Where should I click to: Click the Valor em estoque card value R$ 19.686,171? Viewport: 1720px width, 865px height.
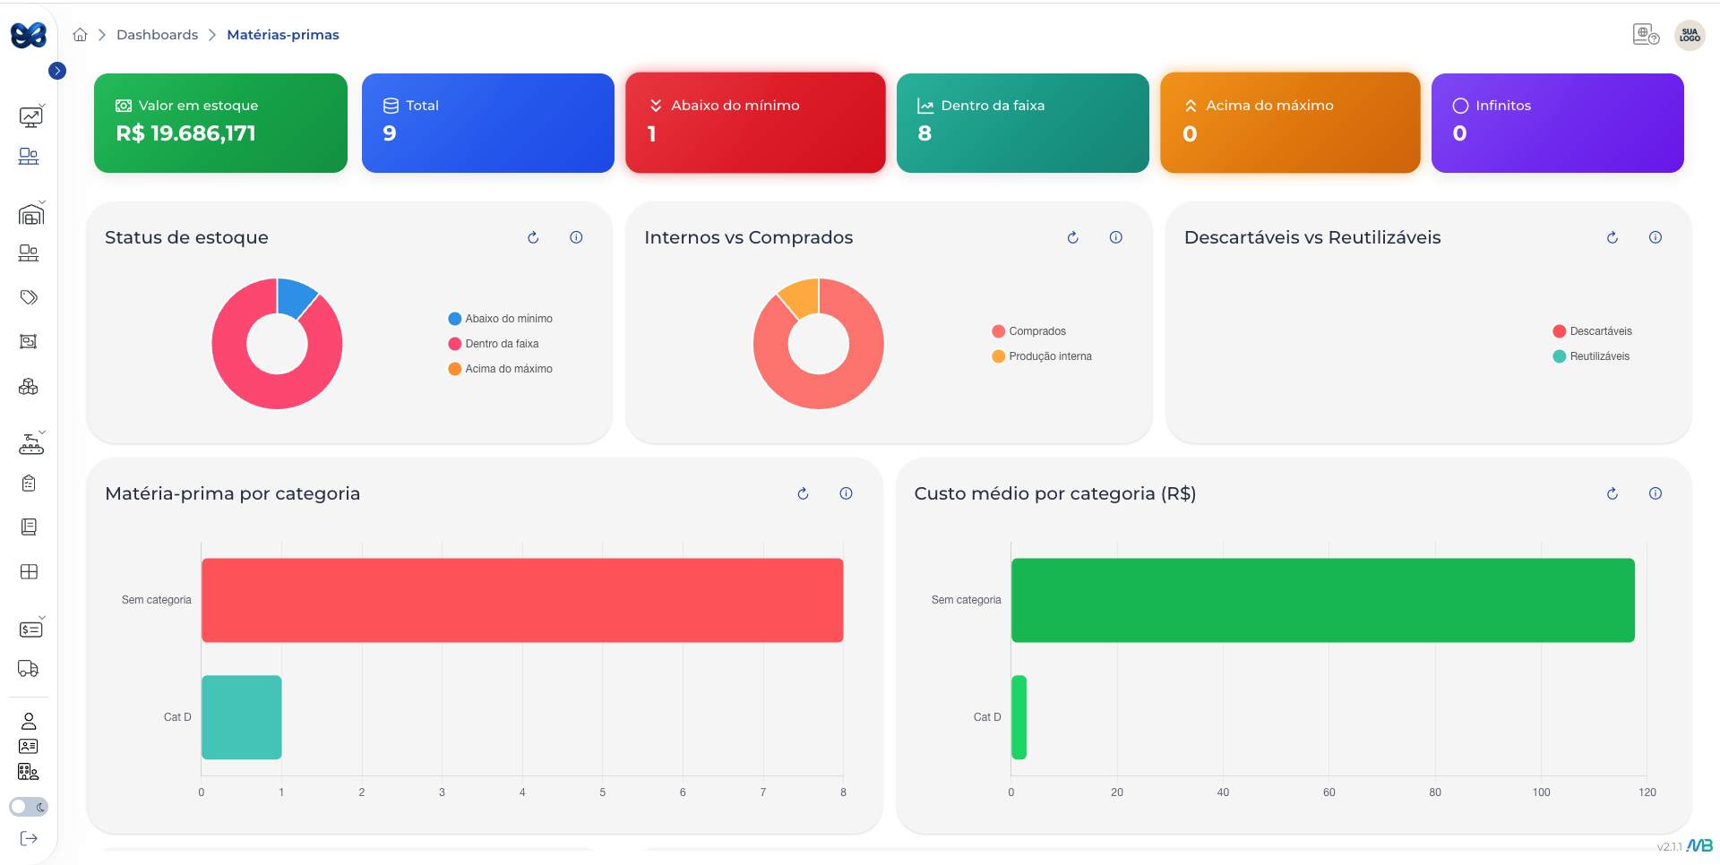pyautogui.click(x=185, y=133)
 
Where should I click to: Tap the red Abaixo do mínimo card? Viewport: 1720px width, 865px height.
pyautogui.click(x=754, y=123)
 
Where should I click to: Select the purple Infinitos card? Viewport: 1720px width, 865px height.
pyautogui.click(x=1557, y=123)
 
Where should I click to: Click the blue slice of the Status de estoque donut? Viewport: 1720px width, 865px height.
pyautogui.click(x=295, y=296)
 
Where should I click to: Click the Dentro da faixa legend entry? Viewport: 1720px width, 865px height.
pyautogui.click(x=501, y=344)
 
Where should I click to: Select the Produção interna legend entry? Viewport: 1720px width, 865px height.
pyautogui.click(x=1049, y=356)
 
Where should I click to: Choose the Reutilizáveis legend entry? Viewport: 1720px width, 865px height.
pyautogui.click(x=1598, y=356)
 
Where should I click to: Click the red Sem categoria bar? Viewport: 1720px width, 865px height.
pyautogui.click(x=521, y=600)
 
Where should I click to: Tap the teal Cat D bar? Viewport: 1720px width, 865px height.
pyautogui.click(x=241, y=717)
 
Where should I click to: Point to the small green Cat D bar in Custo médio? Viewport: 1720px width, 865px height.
pyautogui.click(x=1019, y=717)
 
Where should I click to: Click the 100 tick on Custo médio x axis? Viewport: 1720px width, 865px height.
pyautogui.click(x=1541, y=792)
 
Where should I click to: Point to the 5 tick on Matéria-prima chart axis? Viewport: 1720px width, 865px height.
pyautogui.click(x=602, y=792)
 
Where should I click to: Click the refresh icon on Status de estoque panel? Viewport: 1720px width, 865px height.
pyautogui.click(x=533, y=237)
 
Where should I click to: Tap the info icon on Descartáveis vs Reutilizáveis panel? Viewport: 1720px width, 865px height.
pyautogui.click(x=1655, y=237)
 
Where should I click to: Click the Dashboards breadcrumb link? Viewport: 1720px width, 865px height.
pyautogui.click(x=157, y=35)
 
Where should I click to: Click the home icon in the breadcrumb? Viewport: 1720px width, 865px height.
pyautogui.click(x=80, y=35)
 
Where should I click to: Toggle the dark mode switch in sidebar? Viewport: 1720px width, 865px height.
pyautogui.click(x=29, y=807)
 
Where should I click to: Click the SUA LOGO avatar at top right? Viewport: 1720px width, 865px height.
pyautogui.click(x=1690, y=35)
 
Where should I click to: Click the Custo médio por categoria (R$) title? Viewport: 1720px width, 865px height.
pyautogui.click(x=1054, y=493)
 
